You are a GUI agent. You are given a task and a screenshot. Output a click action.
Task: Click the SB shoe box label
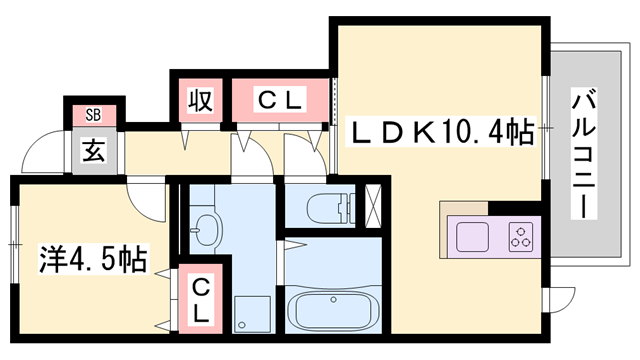[x=92, y=113]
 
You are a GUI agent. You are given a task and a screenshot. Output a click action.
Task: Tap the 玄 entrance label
[x=94, y=151]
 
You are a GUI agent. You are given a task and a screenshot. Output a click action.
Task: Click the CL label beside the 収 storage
[x=279, y=100]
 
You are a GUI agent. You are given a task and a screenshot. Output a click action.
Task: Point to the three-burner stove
[x=522, y=238]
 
